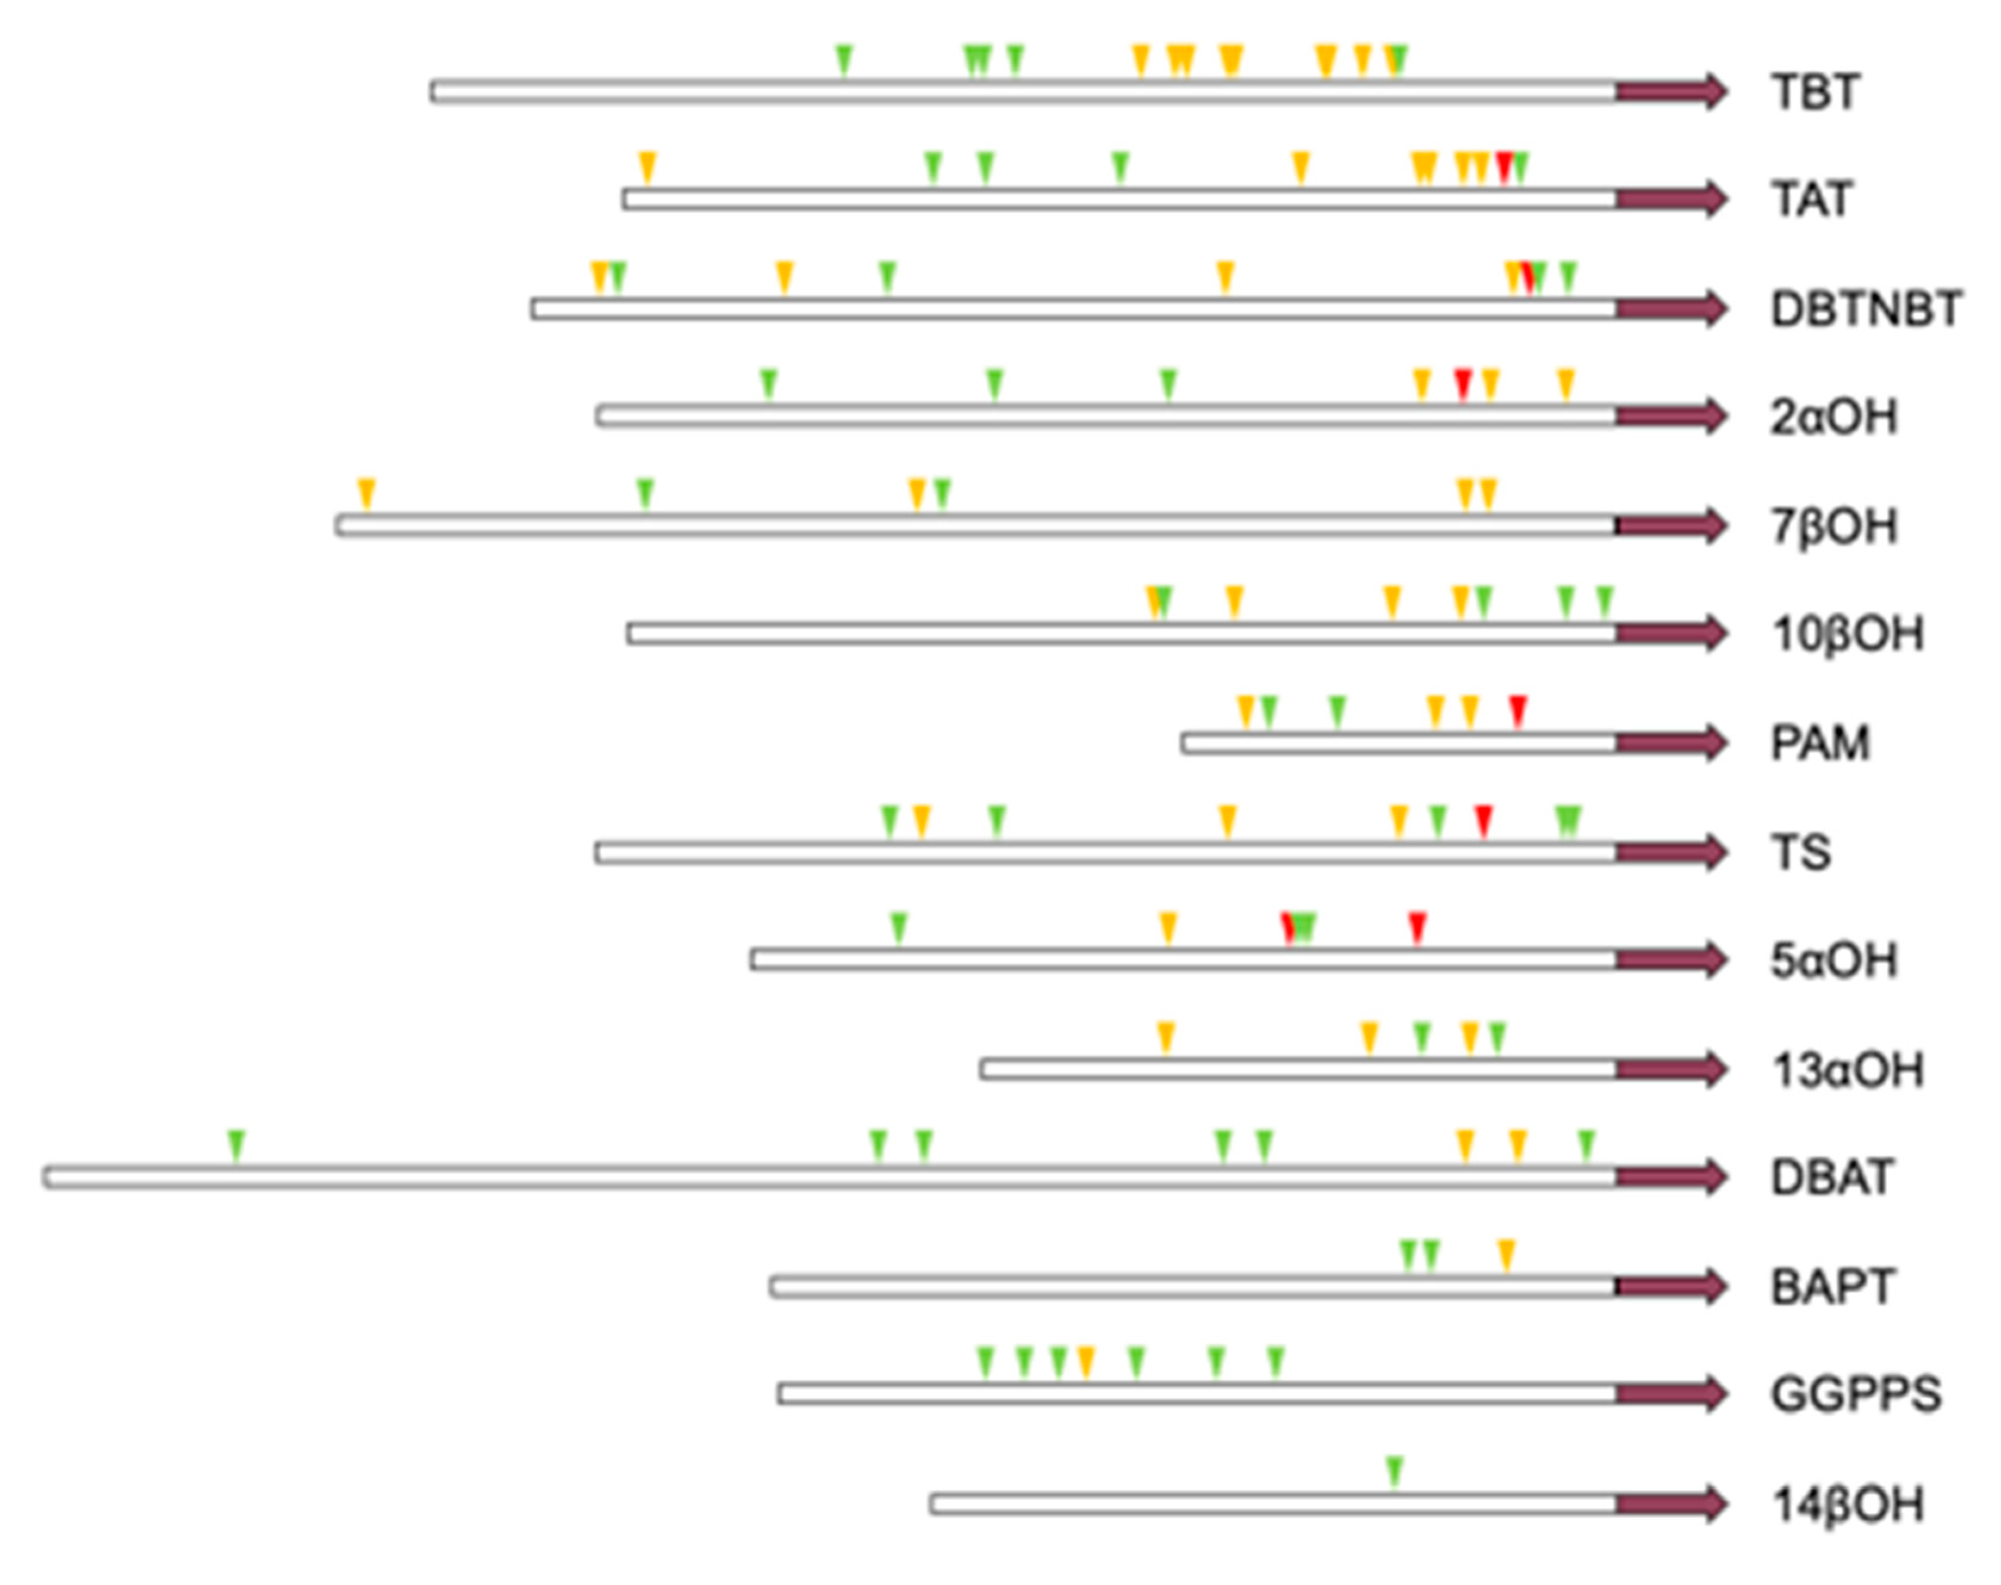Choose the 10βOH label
(x=1847, y=634)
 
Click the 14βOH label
(x=1847, y=1503)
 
